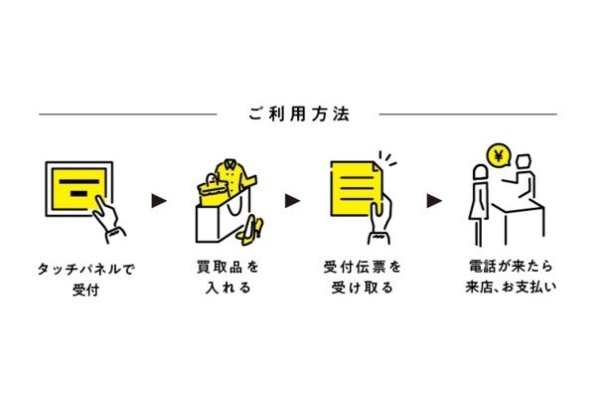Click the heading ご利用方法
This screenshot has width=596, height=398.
click(x=299, y=114)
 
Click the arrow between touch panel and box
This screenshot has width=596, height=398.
click(x=159, y=201)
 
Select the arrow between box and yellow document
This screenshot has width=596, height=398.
click(x=292, y=201)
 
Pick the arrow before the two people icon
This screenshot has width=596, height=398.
click(x=434, y=201)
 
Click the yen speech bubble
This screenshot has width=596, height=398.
click(x=499, y=156)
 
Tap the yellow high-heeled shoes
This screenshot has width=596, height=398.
click(x=251, y=230)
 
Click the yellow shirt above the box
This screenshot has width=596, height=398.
click(x=232, y=176)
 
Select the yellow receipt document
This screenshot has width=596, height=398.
click(x=356, y=188)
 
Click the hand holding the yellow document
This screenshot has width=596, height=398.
click(x=380, y=222)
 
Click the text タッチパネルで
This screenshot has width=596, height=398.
click(x=85, y=269)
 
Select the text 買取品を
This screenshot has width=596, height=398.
click(x=228, y=267)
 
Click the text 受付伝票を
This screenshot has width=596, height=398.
click(x=363, y=267)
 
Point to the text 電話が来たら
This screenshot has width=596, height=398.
click(x=511, y=267)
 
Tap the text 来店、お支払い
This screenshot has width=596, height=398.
click(x=511, y=287)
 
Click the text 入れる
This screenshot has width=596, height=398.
click(x=228, y=288)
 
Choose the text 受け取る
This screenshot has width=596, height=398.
click(x=363, y=288)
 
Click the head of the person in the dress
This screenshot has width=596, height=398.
click(x=480, y=172)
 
